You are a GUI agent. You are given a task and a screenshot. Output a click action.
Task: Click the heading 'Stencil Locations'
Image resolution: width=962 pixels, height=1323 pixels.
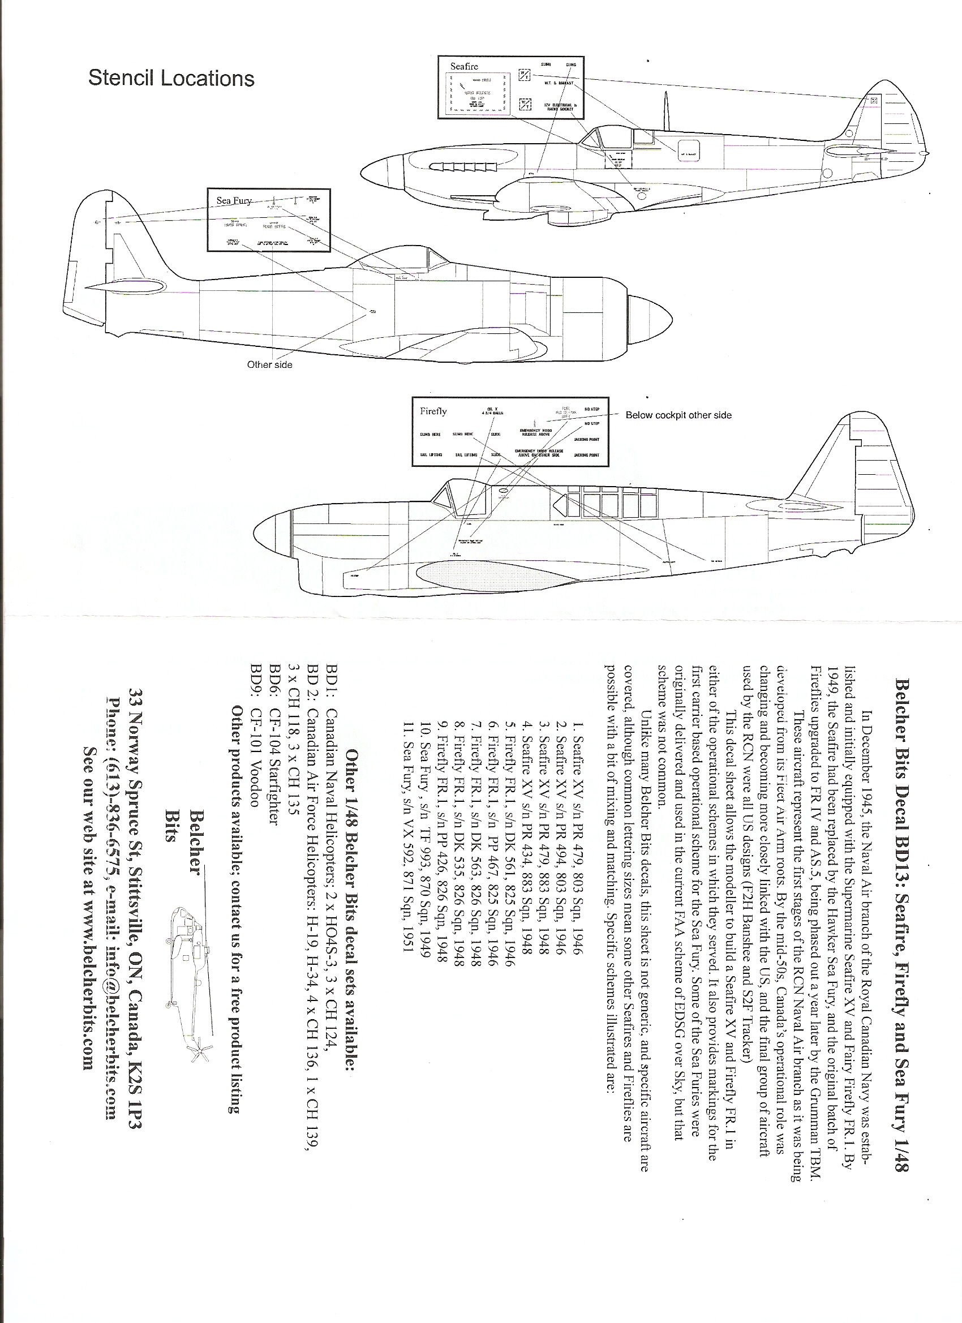171,78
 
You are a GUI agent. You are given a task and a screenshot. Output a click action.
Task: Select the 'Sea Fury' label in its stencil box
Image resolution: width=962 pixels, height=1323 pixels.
234,200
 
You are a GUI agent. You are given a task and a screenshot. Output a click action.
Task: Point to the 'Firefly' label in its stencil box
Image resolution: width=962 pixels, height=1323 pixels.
433,411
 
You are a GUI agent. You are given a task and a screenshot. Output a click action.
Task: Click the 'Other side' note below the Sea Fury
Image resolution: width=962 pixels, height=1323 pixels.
269,364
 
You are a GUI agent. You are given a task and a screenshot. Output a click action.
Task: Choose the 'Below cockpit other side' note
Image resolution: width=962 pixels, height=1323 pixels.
678,415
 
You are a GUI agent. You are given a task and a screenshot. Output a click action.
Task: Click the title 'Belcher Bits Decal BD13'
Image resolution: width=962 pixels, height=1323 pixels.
901,764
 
